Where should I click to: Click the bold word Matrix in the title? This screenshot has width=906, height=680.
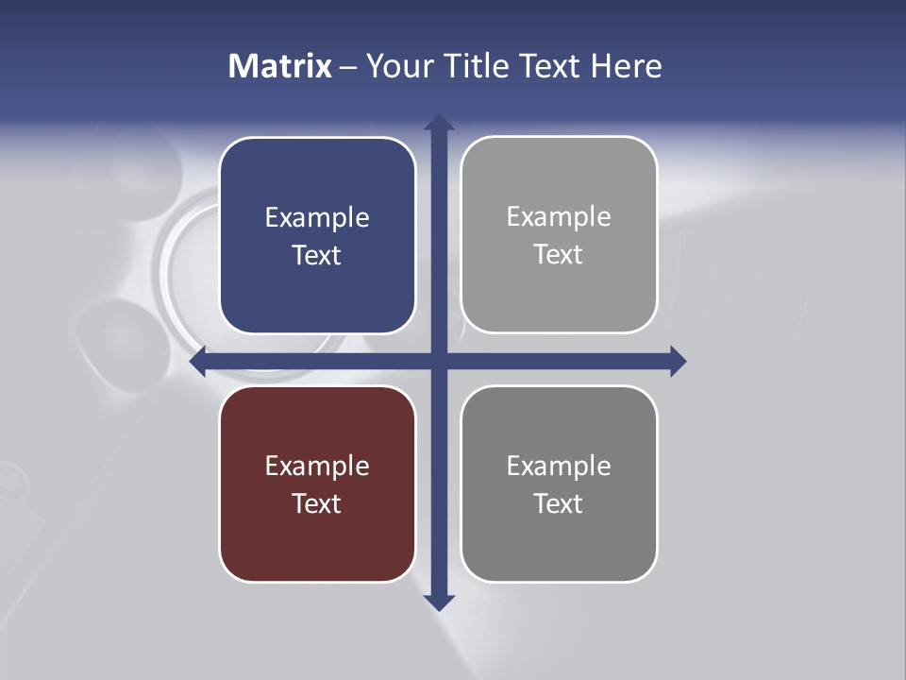(x=279, y=66)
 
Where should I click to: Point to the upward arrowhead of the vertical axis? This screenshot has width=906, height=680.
(x=439, y=122)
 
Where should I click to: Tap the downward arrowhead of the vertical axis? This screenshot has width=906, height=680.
(x=439, y=602)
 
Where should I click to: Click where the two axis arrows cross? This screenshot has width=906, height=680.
(x=439, y=361)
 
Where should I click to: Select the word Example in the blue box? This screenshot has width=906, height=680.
(x=317, y=218)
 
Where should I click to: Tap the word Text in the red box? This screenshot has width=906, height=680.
(x=317, y=503)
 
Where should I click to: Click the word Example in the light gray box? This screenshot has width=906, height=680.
(x=559, y=217)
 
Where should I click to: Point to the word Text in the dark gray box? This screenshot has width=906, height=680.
(x=559, y=503)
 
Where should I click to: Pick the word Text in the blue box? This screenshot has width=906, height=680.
(x=317, y=256)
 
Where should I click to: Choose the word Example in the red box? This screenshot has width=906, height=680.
(x=317, y=466)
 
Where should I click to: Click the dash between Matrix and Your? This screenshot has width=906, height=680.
(x=348, y=67)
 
